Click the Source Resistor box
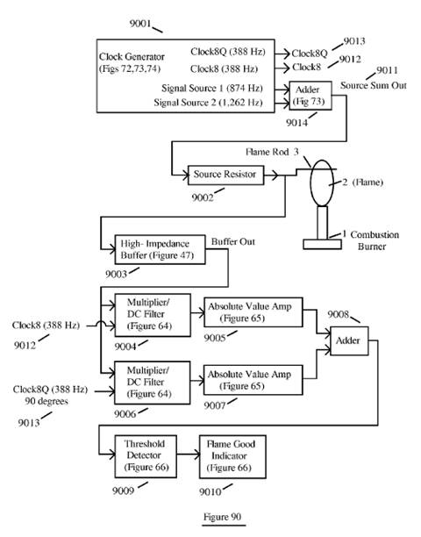tap(226, 175)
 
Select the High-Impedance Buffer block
tap(161, 249)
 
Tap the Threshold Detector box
tap(146, 456)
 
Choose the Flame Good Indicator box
tap(232, 456)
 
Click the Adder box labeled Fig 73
tap(310, 96)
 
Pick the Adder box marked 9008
tap(349, 340)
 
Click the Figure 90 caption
tap(223, 517)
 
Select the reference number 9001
tap(140, 24)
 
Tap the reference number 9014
tap(296, 123)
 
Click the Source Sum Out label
tap(374, 85)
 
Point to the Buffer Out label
tap(233, 241)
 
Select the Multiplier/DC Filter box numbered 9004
tap(153, 315)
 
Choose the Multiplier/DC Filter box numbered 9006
tap(153, 383)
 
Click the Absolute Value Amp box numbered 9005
tap(253, 312)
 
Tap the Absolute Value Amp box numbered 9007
tap(253, 380)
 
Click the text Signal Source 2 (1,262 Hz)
tap(208, 103)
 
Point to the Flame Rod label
tap(268, 152)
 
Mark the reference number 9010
tap(210, 491)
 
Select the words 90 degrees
tap(46, 401)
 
